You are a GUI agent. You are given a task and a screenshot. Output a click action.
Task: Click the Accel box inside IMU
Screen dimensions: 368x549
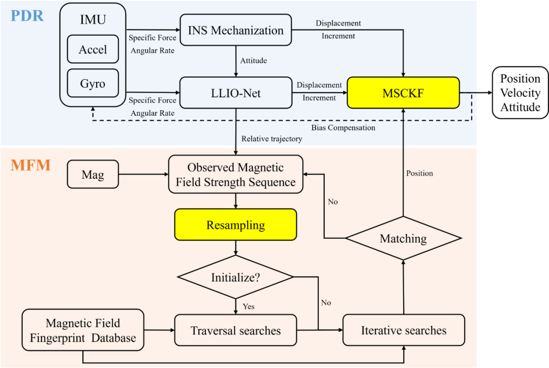click(93, 50)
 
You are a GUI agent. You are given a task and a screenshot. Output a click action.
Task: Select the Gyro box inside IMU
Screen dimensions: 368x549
click(93, 84)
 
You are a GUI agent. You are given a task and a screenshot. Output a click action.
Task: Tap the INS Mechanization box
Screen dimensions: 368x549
click(236, 30)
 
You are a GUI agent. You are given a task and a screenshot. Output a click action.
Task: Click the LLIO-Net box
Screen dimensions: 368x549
click(236, 92)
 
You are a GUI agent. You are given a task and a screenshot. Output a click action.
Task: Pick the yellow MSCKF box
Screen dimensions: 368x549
click(403, 93)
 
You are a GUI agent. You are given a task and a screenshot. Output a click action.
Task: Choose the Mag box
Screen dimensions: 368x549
click(93, 175)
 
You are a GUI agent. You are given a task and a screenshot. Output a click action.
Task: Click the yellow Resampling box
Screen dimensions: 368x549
click(235, 225)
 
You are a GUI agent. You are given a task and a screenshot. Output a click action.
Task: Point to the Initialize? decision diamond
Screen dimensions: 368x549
click(235, 277)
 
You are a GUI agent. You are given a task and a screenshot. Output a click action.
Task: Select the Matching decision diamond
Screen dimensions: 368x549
click(403, 239)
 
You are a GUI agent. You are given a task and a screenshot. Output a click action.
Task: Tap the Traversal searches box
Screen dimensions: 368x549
click(235, 331)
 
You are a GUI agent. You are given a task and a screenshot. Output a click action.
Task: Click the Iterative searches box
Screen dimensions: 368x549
click(404, 331)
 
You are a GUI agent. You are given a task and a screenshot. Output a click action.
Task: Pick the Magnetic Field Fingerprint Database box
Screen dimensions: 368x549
click(83, 330)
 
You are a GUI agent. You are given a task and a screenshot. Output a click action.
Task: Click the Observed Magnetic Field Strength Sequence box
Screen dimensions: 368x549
click(235, 175)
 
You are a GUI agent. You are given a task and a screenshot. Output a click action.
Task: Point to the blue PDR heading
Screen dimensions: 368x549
click(27, 16)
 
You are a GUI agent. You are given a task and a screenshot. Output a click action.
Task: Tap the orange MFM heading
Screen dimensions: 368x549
click(30, 165)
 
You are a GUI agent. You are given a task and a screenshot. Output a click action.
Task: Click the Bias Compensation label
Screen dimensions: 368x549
click(343, 128)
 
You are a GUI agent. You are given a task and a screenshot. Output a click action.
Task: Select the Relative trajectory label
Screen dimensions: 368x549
click(271, 139)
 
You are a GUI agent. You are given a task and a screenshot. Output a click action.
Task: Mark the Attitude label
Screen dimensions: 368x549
click(254, 61)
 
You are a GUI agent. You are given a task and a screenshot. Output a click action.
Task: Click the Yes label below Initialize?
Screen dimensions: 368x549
click(249, 307)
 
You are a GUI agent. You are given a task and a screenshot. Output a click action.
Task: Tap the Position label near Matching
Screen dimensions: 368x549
click(419, 174)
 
